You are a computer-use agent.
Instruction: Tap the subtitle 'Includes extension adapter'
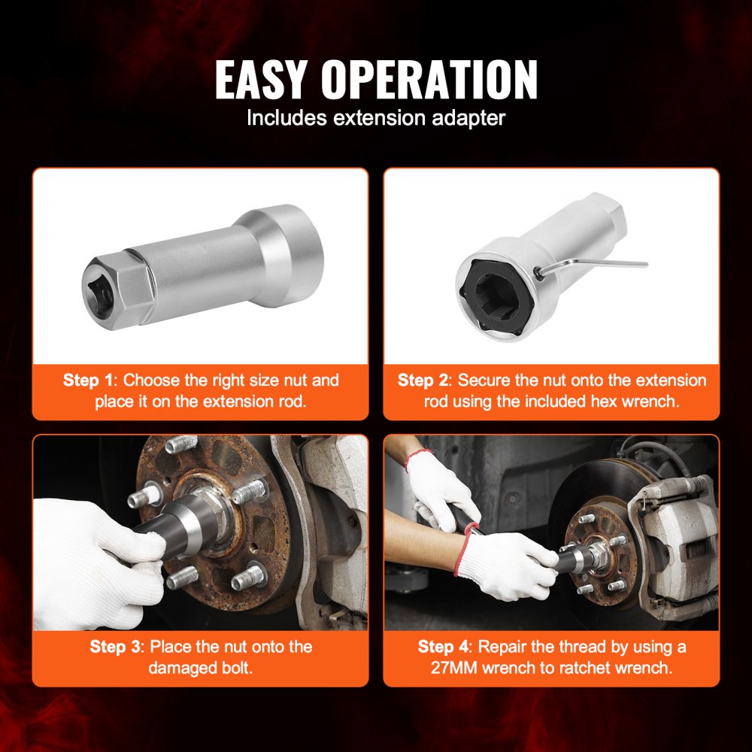click(376, 118)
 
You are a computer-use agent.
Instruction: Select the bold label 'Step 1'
click(90, 381)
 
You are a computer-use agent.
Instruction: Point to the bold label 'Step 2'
click(426, 381)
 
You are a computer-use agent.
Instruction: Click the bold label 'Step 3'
click(117, 647)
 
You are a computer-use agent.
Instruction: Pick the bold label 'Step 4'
click(447, 647)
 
